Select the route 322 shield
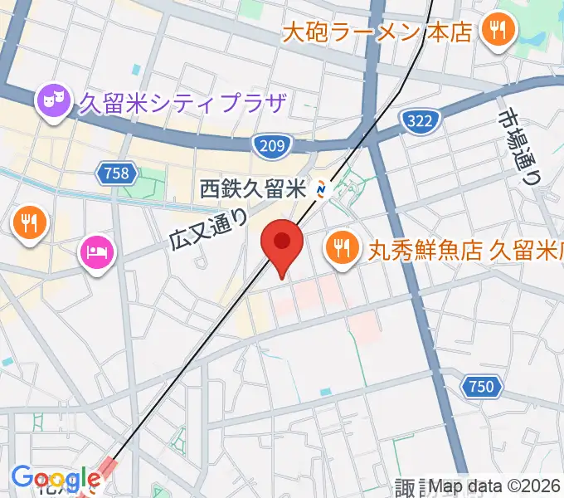(419, 122)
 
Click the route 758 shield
(116, 173)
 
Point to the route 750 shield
(479, 386)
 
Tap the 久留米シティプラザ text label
(182, 105)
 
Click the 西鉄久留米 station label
(255, 189)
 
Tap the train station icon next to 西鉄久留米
(323, 190)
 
